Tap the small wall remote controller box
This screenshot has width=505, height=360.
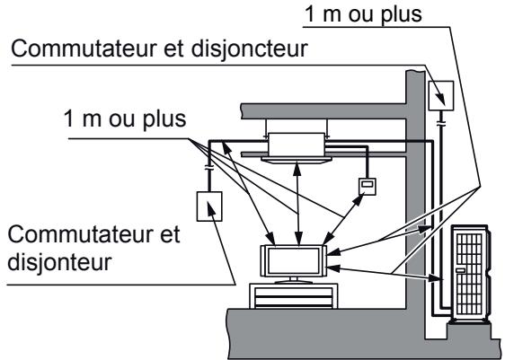coord(367,186)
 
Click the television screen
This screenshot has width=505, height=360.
coord(295,260)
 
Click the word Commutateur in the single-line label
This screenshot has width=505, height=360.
coord(82,53)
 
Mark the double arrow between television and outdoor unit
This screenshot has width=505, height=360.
coord(386,270)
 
